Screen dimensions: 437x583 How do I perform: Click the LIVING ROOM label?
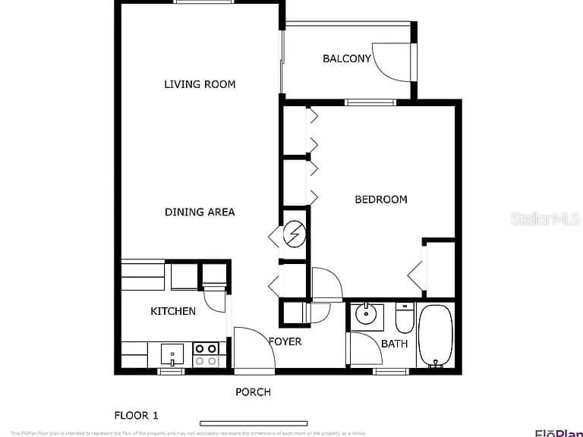pyautogui.click(x=200, y=84)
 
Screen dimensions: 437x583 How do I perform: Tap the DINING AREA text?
pyautogui.click(x=200, y=212)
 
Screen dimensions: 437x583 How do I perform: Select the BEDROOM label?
pyautogui.click(x=381, y=200)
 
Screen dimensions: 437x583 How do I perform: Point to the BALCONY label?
pyautogui.click(x=346, y=58)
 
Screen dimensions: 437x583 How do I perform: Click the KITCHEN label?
pyautogui.click(x=173, y=311)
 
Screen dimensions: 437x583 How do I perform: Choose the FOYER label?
pyautogui.click(x=285, y=341)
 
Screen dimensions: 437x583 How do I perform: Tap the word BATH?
pyautogui.click(x=394, y=344)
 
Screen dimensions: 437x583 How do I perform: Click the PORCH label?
pyautogui.click(x=253, y=392)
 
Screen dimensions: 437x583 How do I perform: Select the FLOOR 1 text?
pyautogui.click(x=137, y=415)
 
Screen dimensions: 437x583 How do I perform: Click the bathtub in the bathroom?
pyautogui.click(x=435, y=335)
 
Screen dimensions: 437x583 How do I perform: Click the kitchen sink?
pyautogui.click(x=172, y=354)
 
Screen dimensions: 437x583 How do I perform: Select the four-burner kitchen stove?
pyautogui.click(x=206, y=354)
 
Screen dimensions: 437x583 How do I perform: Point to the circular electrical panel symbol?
pyautogui.click(x=293, y=235)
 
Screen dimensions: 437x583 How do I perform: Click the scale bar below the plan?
pyautogui.click(x=254, y=423)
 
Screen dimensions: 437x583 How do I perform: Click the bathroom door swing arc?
pyautogui.click(x=366, y=351)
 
